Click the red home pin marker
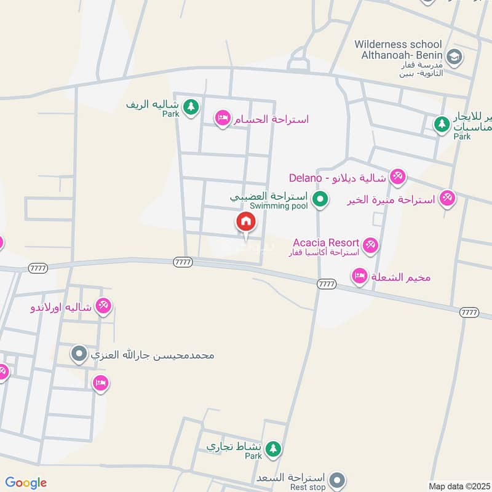pos(245,222)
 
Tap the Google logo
pos(26,483)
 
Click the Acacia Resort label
pos(326,243)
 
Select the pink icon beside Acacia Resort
pos(370,245)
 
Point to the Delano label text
pos(306,178)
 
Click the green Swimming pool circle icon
pos(319,199)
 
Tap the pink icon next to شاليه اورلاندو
pos(103,305)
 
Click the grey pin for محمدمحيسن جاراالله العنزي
pos(79,354)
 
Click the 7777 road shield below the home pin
pos(183,261)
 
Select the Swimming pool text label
pos(283,206)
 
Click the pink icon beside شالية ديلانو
pos(397,177)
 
